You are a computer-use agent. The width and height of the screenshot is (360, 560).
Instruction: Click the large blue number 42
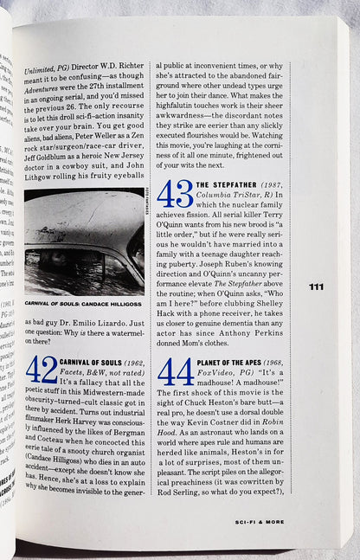(x=42, y=370)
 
